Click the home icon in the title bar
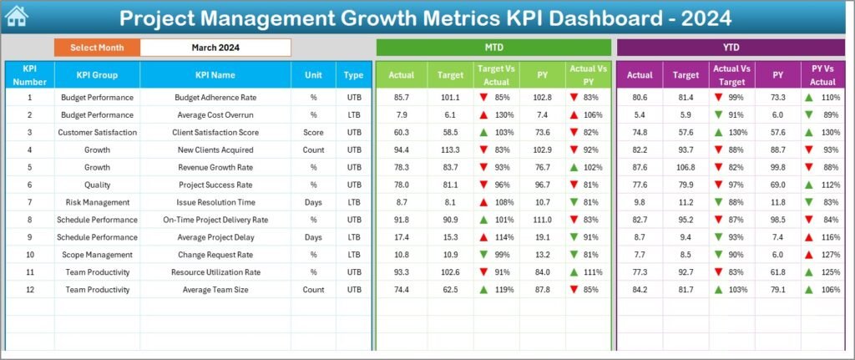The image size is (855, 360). (x=16, y=17)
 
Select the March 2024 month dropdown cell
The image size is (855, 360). (x=215, y=48)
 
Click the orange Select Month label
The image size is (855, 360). (x=97, y=48)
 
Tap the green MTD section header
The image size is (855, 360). (x=493, y=48)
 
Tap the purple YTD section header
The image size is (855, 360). (x=730, y=48)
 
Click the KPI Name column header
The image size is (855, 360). (x=215, y=75)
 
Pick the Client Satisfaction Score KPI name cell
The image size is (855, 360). (x=215, y=132)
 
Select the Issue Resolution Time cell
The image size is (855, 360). (x=215, y=202)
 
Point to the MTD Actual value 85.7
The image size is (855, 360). (x=402, y=97)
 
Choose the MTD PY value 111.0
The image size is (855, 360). (x=543, y=220)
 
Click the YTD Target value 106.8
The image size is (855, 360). (x=686, y=167)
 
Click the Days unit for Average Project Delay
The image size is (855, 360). (x=313, y=237)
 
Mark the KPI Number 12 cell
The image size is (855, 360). (x=29, y=290)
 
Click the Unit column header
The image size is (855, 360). (x=313, y=75)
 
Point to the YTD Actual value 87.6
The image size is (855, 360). (x=640, y=167)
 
